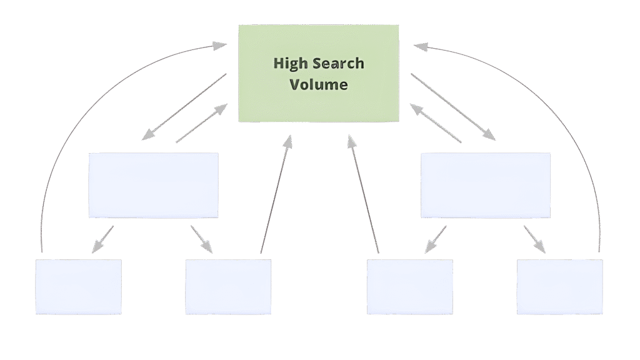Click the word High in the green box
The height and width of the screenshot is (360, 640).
click(291, 64)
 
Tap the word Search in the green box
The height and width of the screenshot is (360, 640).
click(338, 64)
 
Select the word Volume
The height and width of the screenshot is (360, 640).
click(319, 84)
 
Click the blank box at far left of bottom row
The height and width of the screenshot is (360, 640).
click(78, 287)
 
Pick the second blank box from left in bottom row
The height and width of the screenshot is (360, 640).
click(228, 287)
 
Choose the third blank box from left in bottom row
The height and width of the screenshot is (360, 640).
click(409, 287)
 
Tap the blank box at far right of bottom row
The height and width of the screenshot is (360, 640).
click(559, 287)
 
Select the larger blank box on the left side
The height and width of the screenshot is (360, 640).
click(153, 185)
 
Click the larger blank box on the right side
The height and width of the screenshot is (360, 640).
click(486, 185)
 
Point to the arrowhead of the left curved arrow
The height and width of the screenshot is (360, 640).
click(219, 46)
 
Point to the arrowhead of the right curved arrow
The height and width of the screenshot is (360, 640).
click(421, 46)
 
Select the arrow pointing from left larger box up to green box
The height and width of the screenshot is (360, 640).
click(202, 123)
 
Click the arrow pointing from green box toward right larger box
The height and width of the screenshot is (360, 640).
click(453, 106)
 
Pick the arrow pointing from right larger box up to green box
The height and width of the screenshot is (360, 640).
click(435, 123)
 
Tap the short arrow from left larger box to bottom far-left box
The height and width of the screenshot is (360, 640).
click(102, 239)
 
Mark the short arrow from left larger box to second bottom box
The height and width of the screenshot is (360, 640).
click(202, 239)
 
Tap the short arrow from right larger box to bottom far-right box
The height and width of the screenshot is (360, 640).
click(534, 239)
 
